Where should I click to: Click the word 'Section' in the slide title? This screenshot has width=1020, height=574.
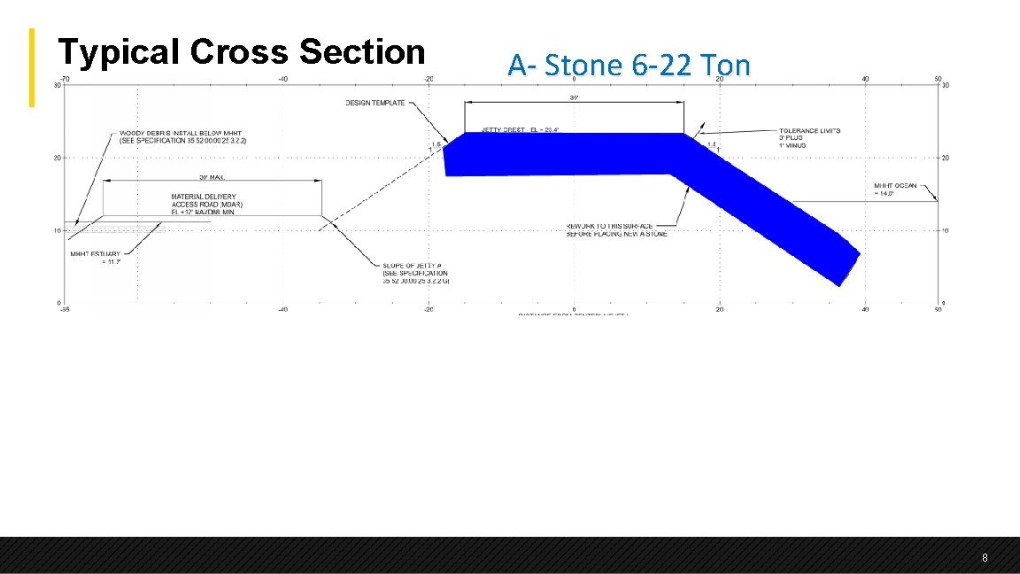click(362, 51)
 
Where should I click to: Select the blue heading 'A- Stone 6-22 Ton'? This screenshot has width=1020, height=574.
click(629, 65)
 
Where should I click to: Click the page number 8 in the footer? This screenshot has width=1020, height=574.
click(985, 558)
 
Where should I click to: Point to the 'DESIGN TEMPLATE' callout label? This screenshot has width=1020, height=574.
click(375, 103)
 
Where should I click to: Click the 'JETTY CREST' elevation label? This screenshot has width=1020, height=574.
click(520, 129)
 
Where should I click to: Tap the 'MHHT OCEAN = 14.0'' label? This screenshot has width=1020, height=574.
click(895, 189)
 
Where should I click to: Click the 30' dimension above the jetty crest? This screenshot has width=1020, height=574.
click(574, 97)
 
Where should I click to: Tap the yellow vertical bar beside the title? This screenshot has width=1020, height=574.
click(32, 67)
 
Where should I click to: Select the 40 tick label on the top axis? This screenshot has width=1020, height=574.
click(865, 79)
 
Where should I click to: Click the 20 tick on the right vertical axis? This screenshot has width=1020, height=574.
click(945, 159)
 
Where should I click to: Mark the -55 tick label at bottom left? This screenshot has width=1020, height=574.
click(63, 310)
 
